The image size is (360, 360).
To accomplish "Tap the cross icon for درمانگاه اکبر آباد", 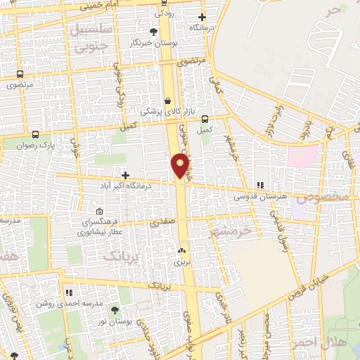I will (x=125, y=175).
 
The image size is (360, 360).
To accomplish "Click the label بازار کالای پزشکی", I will (x=162, y=111).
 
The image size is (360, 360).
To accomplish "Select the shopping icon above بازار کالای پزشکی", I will (x=167, y=101).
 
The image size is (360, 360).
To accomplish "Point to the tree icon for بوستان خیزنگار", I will (x=154, y=32).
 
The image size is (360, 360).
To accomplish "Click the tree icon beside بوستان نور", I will (x=124, y=309).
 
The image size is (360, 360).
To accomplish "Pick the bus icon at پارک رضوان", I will (x=35, y=134).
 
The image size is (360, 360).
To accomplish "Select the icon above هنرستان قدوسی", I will (x=260, y=186).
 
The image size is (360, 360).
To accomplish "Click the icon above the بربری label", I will (x=182, y=250).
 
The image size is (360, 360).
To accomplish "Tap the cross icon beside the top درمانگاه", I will (x=202, y=17).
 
